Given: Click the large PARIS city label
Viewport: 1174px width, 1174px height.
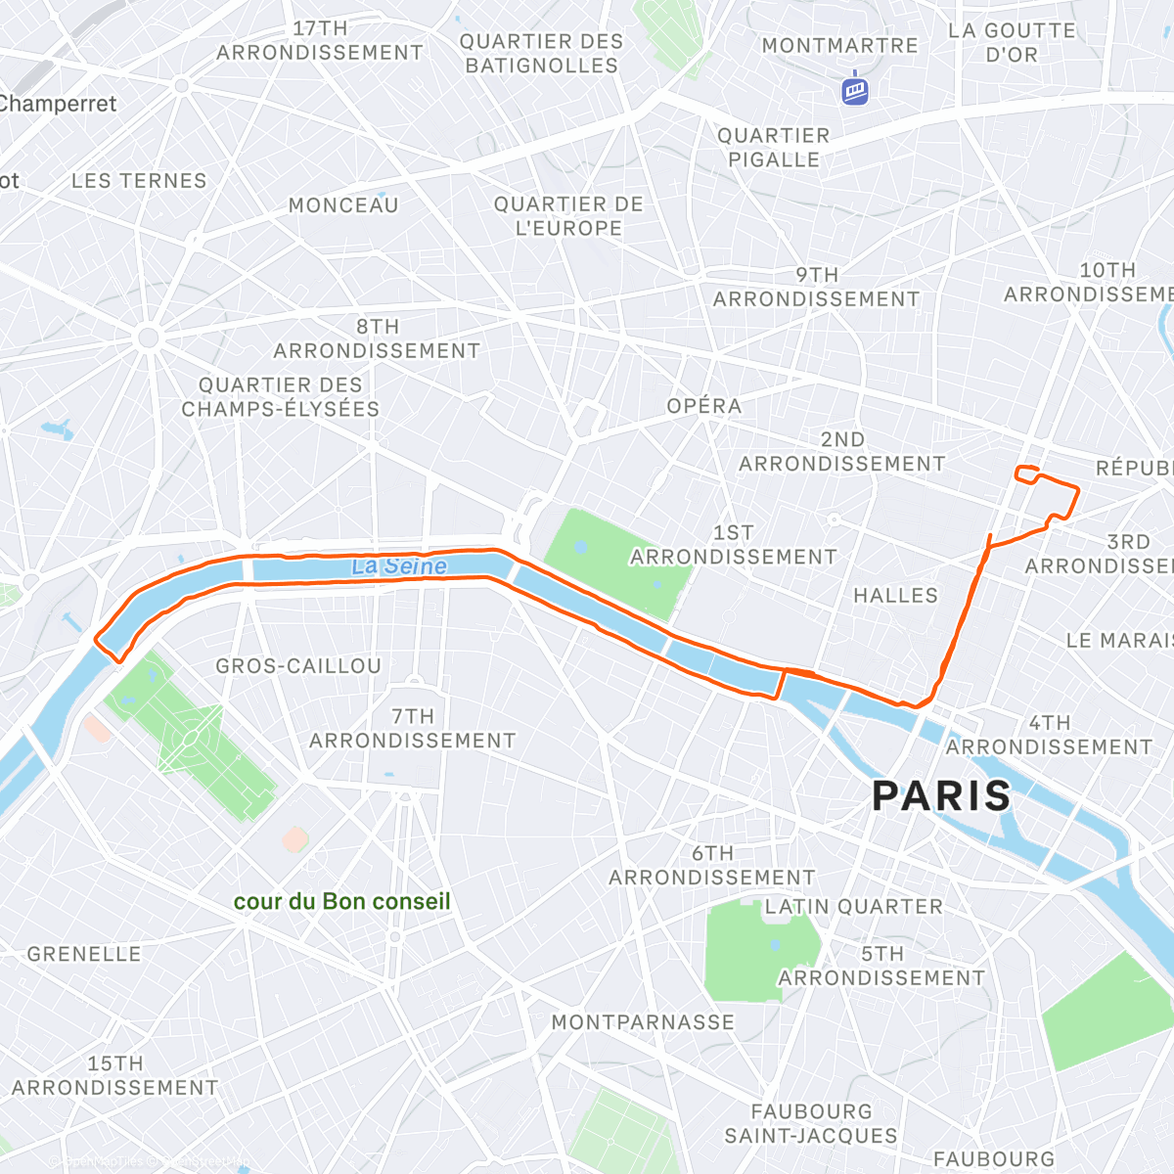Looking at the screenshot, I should pos(941,796).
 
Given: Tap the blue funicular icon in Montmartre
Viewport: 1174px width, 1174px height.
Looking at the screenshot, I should pos(855,90).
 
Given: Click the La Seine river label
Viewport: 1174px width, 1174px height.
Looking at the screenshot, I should pos(399,566).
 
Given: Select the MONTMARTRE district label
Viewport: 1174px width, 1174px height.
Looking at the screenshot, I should pos(839,46).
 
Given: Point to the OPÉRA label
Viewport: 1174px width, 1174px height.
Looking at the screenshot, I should pos(703,406).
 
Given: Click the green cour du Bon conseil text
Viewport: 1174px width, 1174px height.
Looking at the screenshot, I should pos(341,901).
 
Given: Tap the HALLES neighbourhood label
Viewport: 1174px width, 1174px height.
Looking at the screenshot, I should pos(895,596).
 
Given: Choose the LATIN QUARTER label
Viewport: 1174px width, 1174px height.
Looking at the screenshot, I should pos(853,907).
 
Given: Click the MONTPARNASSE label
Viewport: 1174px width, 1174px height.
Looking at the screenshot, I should pos(643,1022).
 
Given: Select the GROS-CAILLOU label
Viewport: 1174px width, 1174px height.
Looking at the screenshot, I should pos(298,666).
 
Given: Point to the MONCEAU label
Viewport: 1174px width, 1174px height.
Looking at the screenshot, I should pos(343,205).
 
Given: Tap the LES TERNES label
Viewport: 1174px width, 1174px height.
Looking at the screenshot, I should pos(139,181).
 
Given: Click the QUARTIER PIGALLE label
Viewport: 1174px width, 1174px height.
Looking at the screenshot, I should pos(773,148).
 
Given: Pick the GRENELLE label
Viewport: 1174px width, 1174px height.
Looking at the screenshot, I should pos(84,954).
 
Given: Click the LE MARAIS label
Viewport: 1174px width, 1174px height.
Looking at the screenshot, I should pos(1119,641).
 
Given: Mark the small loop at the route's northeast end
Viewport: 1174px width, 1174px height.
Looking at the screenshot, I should pos(1026,474).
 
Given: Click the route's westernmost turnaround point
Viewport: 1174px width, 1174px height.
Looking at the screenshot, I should pos(97,640).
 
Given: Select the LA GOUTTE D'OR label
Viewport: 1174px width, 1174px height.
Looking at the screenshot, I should pos(1012,43).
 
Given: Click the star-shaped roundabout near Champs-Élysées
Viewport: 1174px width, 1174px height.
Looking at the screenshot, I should pos(149,339).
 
